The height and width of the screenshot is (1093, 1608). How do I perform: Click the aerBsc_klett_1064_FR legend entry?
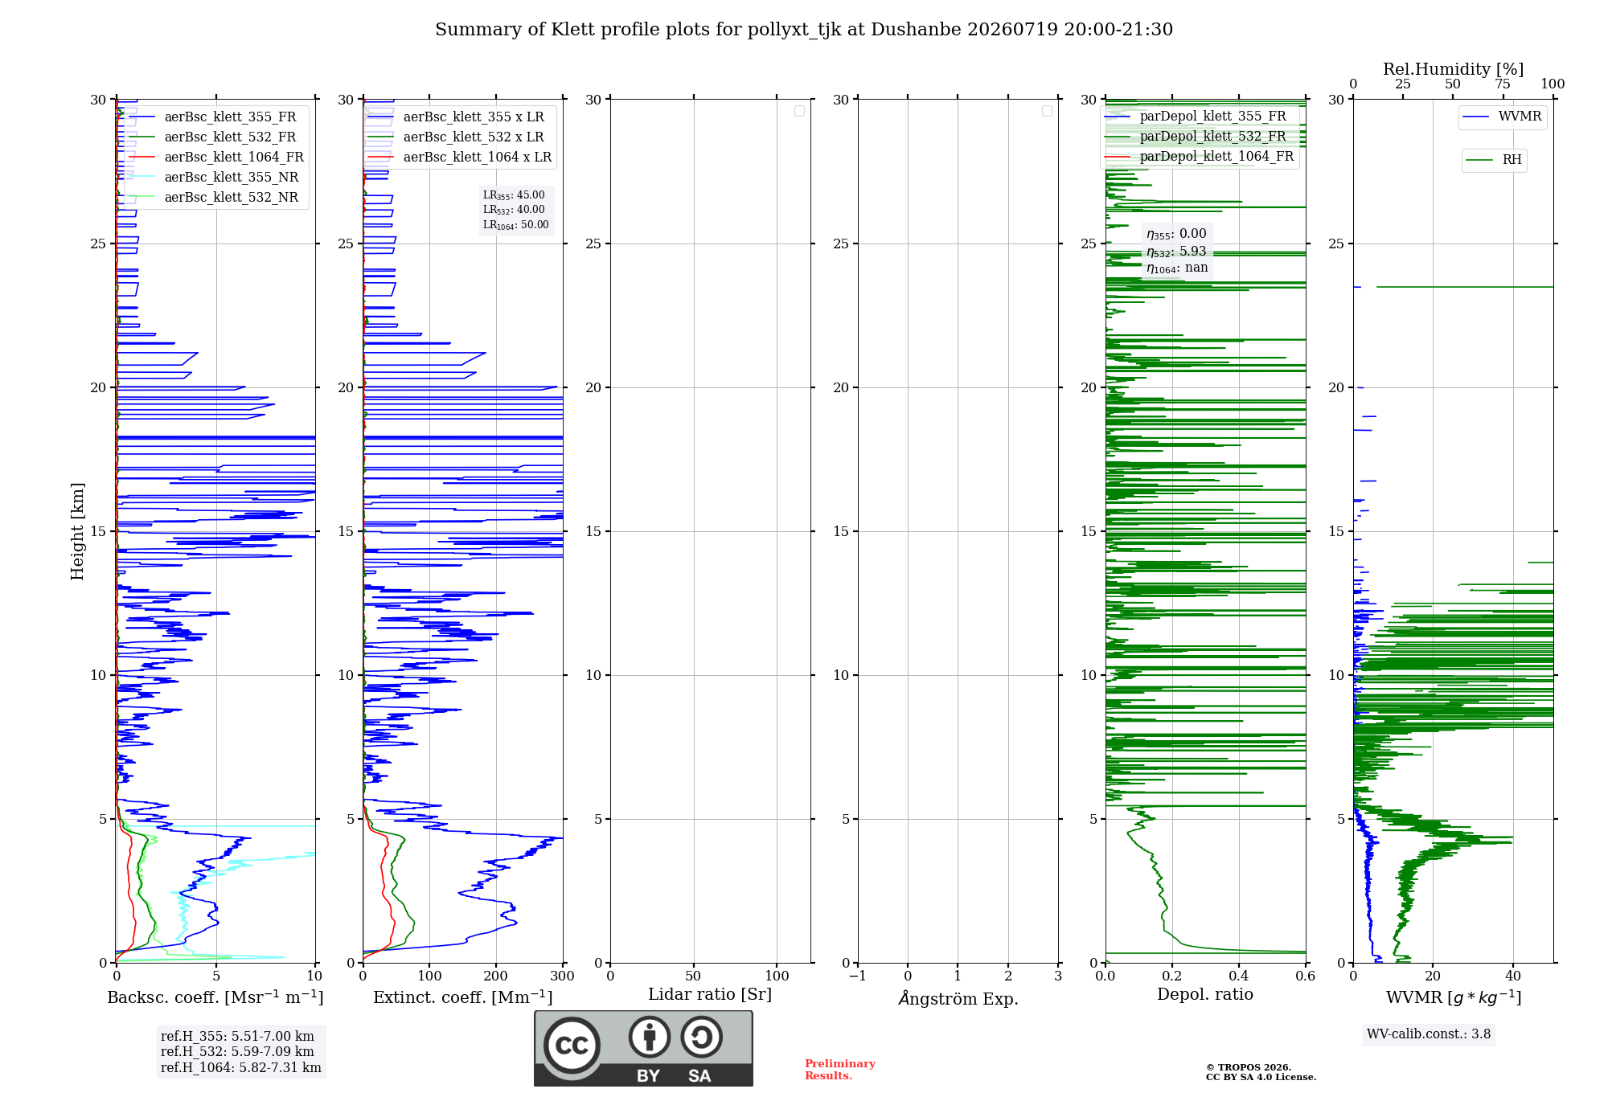tap(215, 157)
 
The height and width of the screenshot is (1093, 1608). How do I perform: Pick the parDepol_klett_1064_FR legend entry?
tap(1199, 156)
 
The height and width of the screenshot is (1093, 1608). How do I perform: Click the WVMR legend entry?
tap(1502, 117)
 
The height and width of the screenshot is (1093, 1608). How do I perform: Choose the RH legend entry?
tap(1494, 159)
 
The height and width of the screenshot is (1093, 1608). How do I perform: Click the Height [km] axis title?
tap(77, 531)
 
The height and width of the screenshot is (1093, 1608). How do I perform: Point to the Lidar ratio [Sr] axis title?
tap(710, 994)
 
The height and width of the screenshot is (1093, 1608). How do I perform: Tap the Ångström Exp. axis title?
tap(958, 997)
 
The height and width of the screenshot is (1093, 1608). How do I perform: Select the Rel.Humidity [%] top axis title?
tap(1453, 69)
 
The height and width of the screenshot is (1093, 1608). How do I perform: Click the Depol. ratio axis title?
tap(1204, 994)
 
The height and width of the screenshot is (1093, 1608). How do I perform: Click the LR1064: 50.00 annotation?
tap(515, 225)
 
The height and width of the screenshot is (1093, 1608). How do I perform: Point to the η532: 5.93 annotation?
tap(1176, 252)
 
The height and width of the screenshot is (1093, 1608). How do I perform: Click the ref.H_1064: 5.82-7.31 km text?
tap(240, 1067)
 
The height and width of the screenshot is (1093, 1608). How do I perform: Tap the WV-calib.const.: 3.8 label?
tap(1428, 1034)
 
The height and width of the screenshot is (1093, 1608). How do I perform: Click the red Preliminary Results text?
tap(839, 1069)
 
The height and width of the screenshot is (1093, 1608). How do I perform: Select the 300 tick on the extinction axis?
tap(562, 976)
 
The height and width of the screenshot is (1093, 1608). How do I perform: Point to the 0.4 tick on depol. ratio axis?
tap(1239, 976)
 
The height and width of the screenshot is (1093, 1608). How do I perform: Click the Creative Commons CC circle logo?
tap(572, 1045)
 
